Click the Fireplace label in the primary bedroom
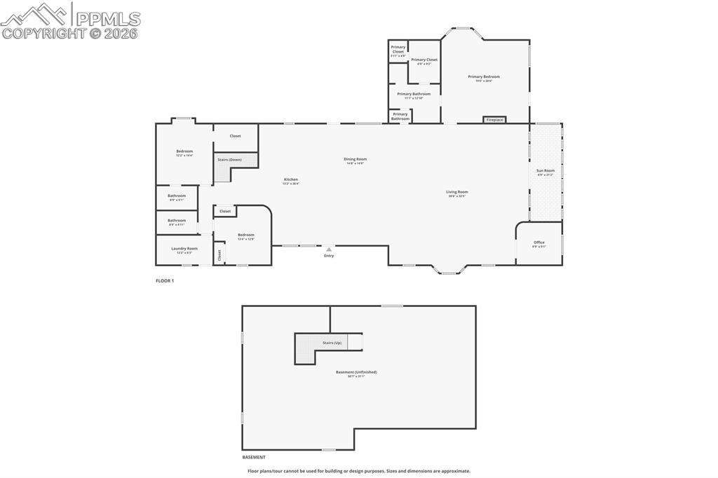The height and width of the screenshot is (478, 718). [x=495, y=120]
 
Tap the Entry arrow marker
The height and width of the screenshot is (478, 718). [x=329, y=249]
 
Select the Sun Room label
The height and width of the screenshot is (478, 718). [x=546, y=170]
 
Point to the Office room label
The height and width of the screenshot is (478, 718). [x=538, y=243]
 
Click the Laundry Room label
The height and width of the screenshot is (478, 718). [x=184, y=248]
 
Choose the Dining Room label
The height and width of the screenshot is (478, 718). [x=355, y=159]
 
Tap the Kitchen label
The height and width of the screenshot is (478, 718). [x=290, y=179]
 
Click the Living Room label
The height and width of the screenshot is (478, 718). [x=457, y=191]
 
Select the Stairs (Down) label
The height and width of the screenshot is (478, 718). [x=229, y=160]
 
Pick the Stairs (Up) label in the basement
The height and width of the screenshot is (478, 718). [x=332, y=343]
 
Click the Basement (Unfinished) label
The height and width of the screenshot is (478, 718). [x=356, y=372]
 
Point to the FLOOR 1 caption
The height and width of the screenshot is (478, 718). [x=165, y=281]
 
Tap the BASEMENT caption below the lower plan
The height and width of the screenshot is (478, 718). [x=254, y=457]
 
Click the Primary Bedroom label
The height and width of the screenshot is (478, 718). [x=484, y=76]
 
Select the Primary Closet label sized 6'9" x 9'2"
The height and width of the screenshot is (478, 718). [x=424, y=60]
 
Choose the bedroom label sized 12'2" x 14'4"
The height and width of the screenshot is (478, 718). [x=184, y=151]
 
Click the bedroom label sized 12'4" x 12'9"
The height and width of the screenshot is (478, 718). [x=245, y=235]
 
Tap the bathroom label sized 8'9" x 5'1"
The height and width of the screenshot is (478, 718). [x=177, y=196]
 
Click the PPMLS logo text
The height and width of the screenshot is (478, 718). [x=107, y=18]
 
